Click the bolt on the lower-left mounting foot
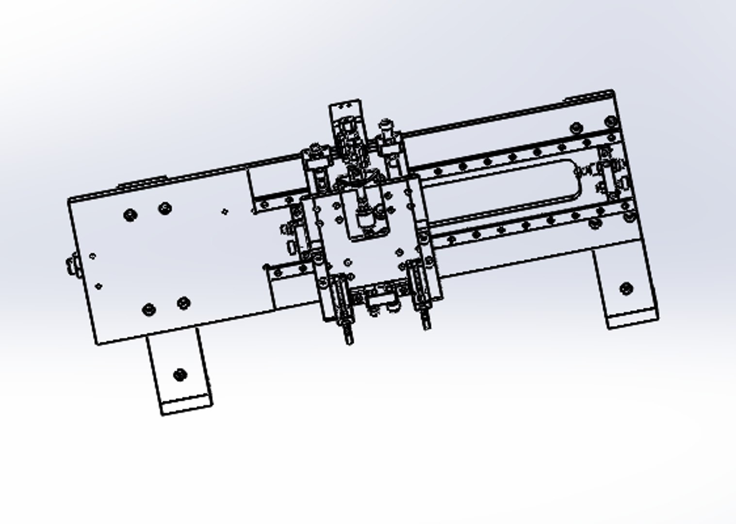coord(180,375)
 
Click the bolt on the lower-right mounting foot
coord(626,289)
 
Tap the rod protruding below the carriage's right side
coord(426,320)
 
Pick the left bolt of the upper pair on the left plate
coord(130,214)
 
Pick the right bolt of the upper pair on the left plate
coord(165,209)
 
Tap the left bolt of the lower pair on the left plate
coord(149,310)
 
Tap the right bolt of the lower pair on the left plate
coord(183,303)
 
